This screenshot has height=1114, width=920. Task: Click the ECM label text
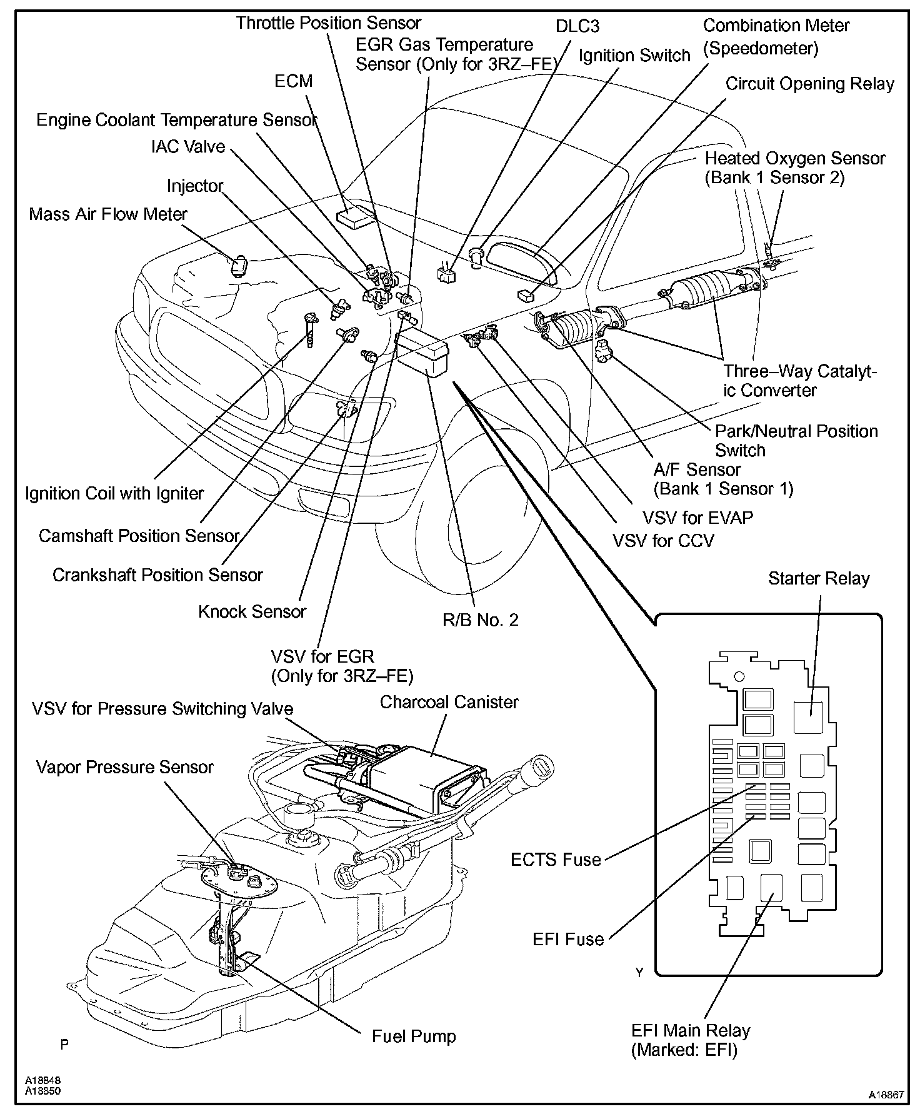point(293,81)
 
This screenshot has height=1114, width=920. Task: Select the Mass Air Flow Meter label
point(108,214)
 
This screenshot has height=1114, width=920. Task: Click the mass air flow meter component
point(239,266)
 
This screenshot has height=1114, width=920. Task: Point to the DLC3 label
point(577,26)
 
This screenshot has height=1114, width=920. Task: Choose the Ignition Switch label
point(634,56)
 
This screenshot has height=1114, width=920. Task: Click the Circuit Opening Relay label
point(809,84)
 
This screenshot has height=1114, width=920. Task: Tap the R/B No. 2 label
point(480,620)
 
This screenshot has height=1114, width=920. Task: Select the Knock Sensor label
point(252,611)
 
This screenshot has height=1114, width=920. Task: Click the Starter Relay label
point(819,579)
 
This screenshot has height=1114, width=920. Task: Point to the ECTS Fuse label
point(556,860)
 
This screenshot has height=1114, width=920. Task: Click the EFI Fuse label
point(568,939)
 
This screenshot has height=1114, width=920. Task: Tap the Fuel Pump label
point(414,1036)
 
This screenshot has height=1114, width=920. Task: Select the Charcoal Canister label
point(449,702)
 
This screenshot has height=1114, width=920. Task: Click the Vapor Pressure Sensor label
point(124,767)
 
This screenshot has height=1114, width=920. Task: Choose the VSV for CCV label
point(663,541)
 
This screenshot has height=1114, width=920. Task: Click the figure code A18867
point(886,1095)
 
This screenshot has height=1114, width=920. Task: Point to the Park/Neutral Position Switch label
point(796,441)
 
